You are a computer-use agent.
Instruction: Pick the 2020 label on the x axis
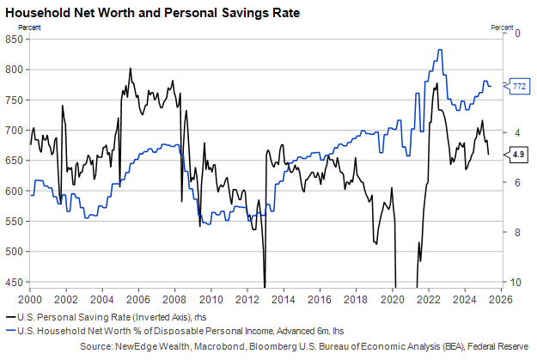pyautogui.click(x=393, y=300)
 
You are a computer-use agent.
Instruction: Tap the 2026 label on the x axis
pyautogui.click(x=502, y=300)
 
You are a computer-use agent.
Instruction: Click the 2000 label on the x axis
pyautogui.click(x=30, y=300)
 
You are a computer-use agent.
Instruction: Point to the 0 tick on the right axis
pyautogui.click(x=516, y=34)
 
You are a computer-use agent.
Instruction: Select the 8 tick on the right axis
pyautogui.click(x=516, y=233)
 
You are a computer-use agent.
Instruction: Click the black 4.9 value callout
pyautogui.click(x=519, y=155)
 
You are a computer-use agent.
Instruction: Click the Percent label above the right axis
pyautogui.click(x=503, y=27)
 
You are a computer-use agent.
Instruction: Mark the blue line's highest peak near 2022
pyautogui.click(x=440, y=50)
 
